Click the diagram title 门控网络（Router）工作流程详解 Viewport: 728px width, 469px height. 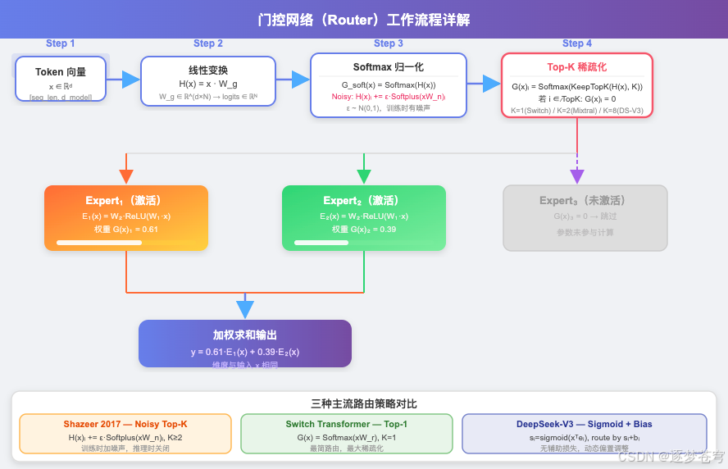363,20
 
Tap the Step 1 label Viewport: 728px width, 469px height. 60,43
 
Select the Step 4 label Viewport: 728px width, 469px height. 576,43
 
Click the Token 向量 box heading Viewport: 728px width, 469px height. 61,72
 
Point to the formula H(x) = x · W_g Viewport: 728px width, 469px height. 207,84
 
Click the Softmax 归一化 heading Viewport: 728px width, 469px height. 388,67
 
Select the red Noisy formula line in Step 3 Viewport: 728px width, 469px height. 388,96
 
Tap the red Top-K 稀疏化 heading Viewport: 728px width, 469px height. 576,67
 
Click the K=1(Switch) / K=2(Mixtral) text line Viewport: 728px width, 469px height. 576,110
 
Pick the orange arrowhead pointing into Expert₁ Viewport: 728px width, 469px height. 126,176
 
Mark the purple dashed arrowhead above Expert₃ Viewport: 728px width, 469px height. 577,176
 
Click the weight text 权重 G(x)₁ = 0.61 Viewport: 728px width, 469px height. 125,229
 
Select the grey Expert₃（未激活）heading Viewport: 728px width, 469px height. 585,200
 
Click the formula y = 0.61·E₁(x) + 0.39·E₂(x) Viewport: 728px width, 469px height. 244,352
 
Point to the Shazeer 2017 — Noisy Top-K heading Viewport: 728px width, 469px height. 125,424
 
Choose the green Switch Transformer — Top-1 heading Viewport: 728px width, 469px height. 346,424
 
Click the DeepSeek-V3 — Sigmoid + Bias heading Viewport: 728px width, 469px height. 584,424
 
